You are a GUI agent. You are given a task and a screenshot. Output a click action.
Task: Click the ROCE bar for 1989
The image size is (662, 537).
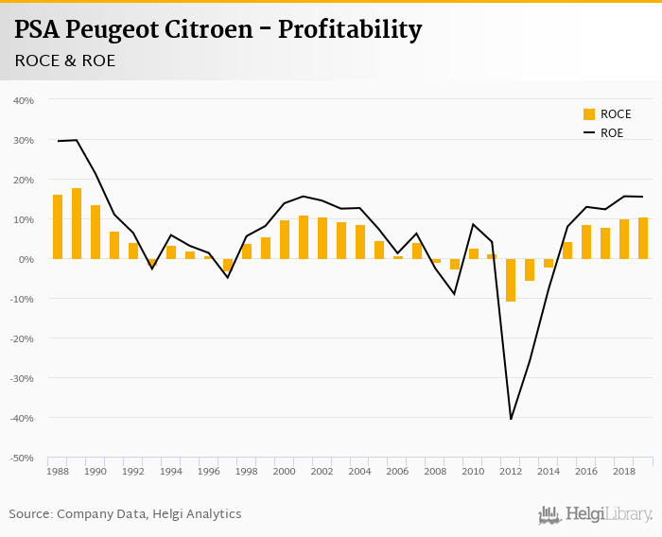pyautogui.click(x=77, y=223)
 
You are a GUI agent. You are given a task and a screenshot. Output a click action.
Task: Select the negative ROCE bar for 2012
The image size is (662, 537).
pyautogui.click(x=511, y=280)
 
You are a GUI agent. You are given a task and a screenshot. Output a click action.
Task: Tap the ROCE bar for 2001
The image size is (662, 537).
pyautogui.click(x=304, y=237)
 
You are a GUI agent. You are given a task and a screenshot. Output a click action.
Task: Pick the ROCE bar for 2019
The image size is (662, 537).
pyautogui.click(x=643, y=238)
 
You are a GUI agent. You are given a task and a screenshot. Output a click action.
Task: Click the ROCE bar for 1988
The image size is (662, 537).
pyautogui.click(x=58, y=227)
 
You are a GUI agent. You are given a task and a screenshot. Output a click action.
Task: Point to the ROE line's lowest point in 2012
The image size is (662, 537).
pyautogui.click(x=511, y=419)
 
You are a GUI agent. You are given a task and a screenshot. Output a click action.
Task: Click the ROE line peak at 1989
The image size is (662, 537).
pyautogui.click(x=77, y=140)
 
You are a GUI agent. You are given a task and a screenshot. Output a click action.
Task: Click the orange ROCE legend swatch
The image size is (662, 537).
pyautogui.click(x=589, y=114)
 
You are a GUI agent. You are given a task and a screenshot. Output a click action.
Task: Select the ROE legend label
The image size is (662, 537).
pyautogui.click(x=612, y=133)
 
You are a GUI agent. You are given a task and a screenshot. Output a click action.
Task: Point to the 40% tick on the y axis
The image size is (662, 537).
pyautogui.click(x=25, y=100)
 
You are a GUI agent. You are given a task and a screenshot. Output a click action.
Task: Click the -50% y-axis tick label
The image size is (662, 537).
pyautogui.click(x=23, y=458)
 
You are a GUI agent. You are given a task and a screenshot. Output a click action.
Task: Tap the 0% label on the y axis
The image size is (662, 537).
pyautogui.click(x=27, y=259)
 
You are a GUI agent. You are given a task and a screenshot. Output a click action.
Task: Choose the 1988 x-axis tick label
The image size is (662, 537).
pyautogui.click(x=58, y=470)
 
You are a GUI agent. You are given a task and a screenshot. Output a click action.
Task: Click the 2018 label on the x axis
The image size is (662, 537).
pyautogui.click(x=624, y=470)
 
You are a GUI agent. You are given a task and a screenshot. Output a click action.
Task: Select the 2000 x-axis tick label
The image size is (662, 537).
pyautogui.click(x=285, y=470)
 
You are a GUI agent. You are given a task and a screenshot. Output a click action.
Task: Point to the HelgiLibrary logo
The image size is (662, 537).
pyautogui.click(x=596, y=514)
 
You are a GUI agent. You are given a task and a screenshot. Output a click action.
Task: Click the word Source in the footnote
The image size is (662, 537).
pyautogui.click(x=30, y=514)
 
